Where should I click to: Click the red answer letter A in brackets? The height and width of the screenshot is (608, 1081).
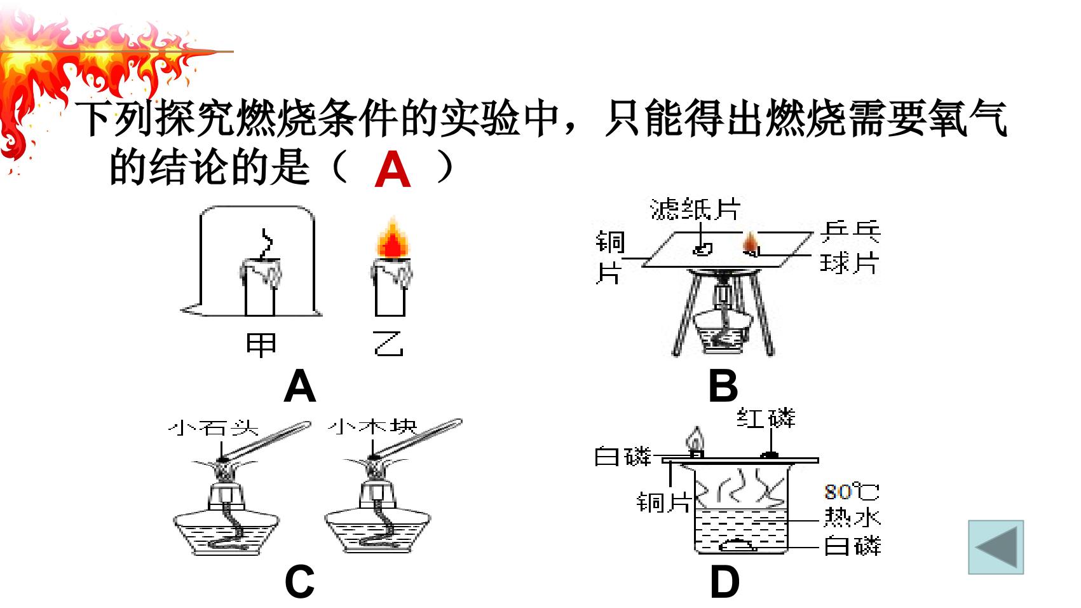(393, 169)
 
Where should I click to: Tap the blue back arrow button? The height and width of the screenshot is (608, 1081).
(996, 547)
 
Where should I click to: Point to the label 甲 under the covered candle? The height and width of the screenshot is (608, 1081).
(261, 344)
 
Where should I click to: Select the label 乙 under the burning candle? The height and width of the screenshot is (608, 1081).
(388, 343)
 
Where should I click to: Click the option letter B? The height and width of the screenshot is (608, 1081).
(723, 385)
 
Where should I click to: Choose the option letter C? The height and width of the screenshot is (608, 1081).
(299, 581)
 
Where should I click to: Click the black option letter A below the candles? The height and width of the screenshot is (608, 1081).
(300, 385)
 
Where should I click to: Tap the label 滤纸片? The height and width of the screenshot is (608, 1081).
(695, 209)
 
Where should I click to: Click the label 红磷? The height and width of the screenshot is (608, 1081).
(766, 418)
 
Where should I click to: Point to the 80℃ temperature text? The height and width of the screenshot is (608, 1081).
(852, 492)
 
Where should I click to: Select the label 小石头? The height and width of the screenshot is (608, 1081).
(214, 427)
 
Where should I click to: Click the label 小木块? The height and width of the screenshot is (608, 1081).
(372, 427)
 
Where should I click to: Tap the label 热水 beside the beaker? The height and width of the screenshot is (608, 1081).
(852, 517)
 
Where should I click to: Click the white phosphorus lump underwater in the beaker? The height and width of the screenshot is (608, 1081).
(737, 545)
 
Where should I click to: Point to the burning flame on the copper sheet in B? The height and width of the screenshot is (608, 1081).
(751, 243)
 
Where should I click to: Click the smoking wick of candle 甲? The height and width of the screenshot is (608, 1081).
(266, 244)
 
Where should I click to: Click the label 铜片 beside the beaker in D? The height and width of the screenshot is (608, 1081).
(663, 502)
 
